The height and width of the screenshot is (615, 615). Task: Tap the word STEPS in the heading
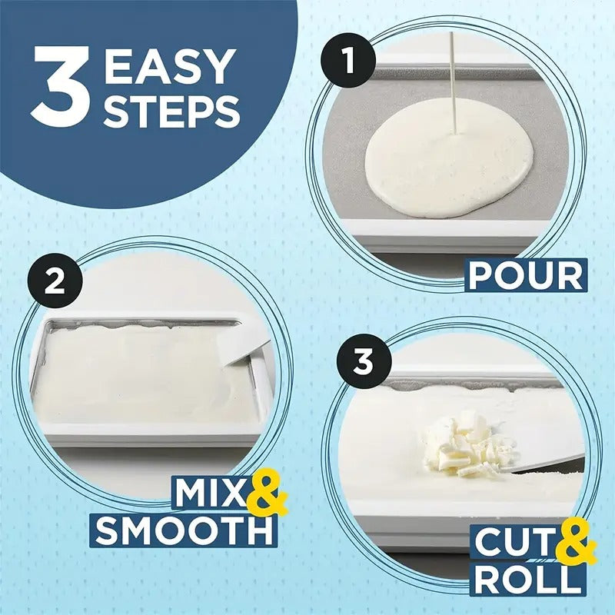pos(171,111)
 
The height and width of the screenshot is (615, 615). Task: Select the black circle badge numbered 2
pos(55,282)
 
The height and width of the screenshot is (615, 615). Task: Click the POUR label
pos(526,274)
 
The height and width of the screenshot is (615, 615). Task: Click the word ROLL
pos(525,580)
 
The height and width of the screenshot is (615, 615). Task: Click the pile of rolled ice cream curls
pos(462,444)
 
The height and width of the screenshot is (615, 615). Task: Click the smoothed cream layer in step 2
pos(138,369)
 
